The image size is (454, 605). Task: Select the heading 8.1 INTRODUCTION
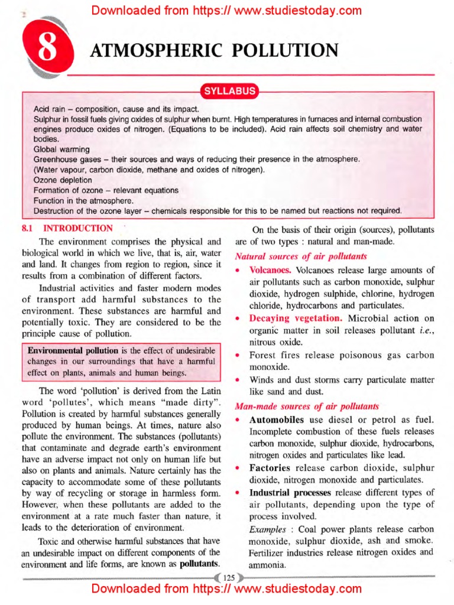67,228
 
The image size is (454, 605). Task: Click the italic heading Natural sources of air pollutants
301,256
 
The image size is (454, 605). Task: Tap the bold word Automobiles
277,420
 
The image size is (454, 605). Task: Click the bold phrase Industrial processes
290,492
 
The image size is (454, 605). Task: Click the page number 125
227,577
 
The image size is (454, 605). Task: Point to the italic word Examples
266,529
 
